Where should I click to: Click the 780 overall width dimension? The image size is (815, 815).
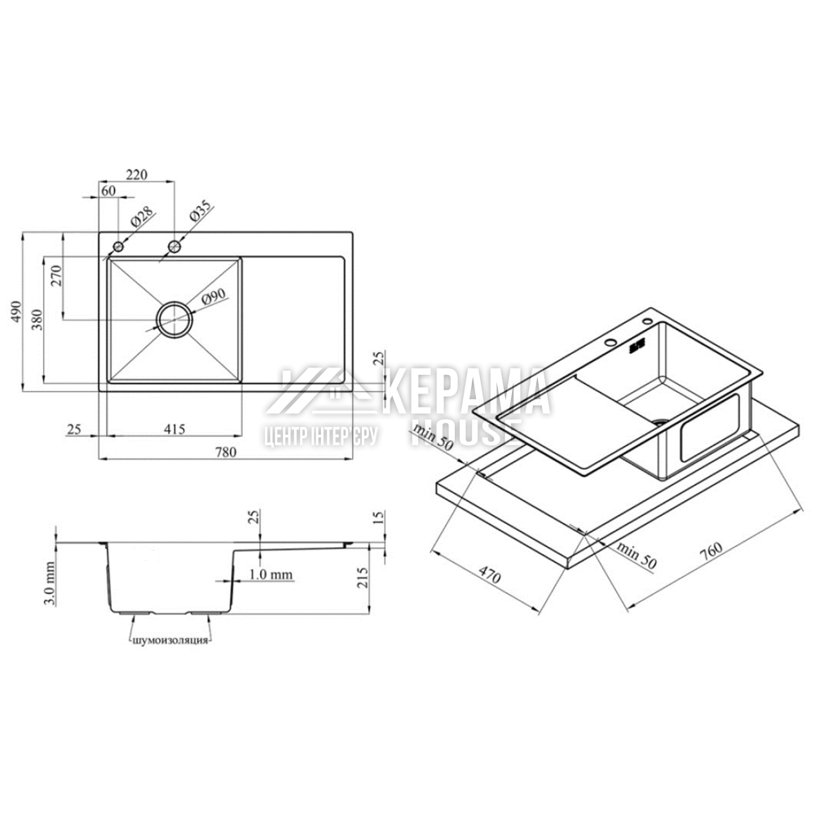pyautogui.click(x=226, y=452)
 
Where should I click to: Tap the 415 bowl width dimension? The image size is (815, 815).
pyautogui.click(x=174, y=429)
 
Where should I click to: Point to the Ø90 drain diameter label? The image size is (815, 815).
pyautogui.click(x=213, y=297)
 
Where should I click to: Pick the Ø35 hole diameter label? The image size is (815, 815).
pyautogui.click(x=201, y=210)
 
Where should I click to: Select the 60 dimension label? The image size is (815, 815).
pyautogui.click(x=108, y=191)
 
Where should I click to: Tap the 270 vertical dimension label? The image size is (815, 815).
pyautogui.click(x=56, y=275)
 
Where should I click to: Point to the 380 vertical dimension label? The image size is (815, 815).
pyautogui.click(x=36, y=320)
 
